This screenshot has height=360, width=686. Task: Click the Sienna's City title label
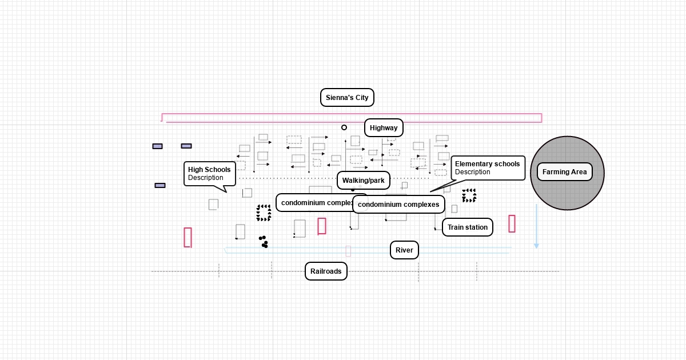click(347, 98)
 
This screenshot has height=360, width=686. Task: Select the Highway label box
click(384, 128)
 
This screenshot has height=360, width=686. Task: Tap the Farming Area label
click(564, 172)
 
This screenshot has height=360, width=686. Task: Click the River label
click(404, 250)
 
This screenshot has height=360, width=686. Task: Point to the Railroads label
click(326, 271)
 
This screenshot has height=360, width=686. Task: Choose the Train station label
click(467, 227)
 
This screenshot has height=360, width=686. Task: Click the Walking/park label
click(364, 181)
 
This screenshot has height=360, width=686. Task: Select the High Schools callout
click(209, 174)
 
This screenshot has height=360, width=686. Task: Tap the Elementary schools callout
click(488, 168)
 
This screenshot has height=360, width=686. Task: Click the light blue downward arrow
click(536, 226)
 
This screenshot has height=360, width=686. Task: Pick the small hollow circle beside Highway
click(344, 127)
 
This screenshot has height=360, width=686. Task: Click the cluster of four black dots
click(263, 242)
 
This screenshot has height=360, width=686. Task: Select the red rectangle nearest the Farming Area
click(512, 223)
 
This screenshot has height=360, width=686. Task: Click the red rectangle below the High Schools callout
click(188, 237)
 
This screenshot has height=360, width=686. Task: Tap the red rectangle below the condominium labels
click(322, 226)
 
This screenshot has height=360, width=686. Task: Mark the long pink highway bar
click(352, 118)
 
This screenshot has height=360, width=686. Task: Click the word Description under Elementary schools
click(473, 172)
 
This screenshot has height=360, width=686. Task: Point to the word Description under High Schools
click(206, 178)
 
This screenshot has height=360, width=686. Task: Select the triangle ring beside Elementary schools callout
click(469, 195)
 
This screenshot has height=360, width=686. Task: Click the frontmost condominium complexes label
click(398, 205)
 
